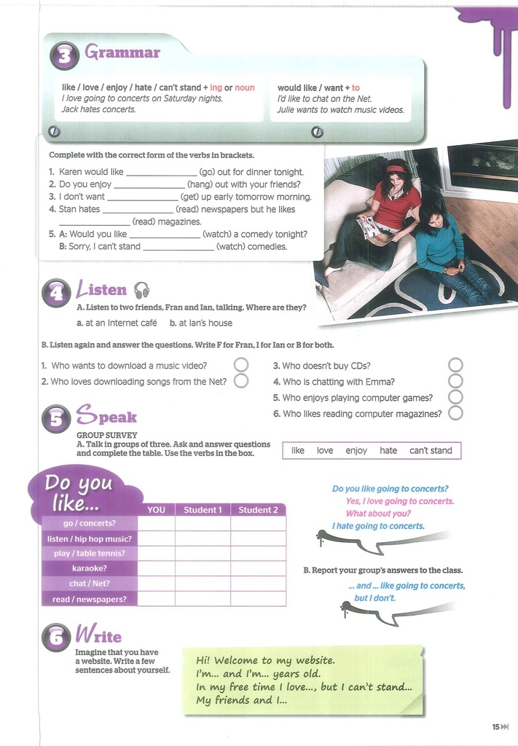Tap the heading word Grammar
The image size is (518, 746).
122,52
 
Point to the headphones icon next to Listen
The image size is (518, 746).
141,290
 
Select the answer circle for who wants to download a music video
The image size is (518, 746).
240,365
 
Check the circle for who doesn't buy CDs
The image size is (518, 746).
455,365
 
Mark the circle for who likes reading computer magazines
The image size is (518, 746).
455,413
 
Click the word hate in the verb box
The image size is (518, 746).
388,450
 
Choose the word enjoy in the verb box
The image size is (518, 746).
356,450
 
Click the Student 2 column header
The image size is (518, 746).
258,509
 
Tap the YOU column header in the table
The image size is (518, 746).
156,509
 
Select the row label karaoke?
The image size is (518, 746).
90,568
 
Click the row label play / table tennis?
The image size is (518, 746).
90,553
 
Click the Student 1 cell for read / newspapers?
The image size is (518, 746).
203,599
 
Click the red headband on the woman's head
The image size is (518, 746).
396,169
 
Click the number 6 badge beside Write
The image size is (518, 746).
57,639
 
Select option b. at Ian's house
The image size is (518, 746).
201,323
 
